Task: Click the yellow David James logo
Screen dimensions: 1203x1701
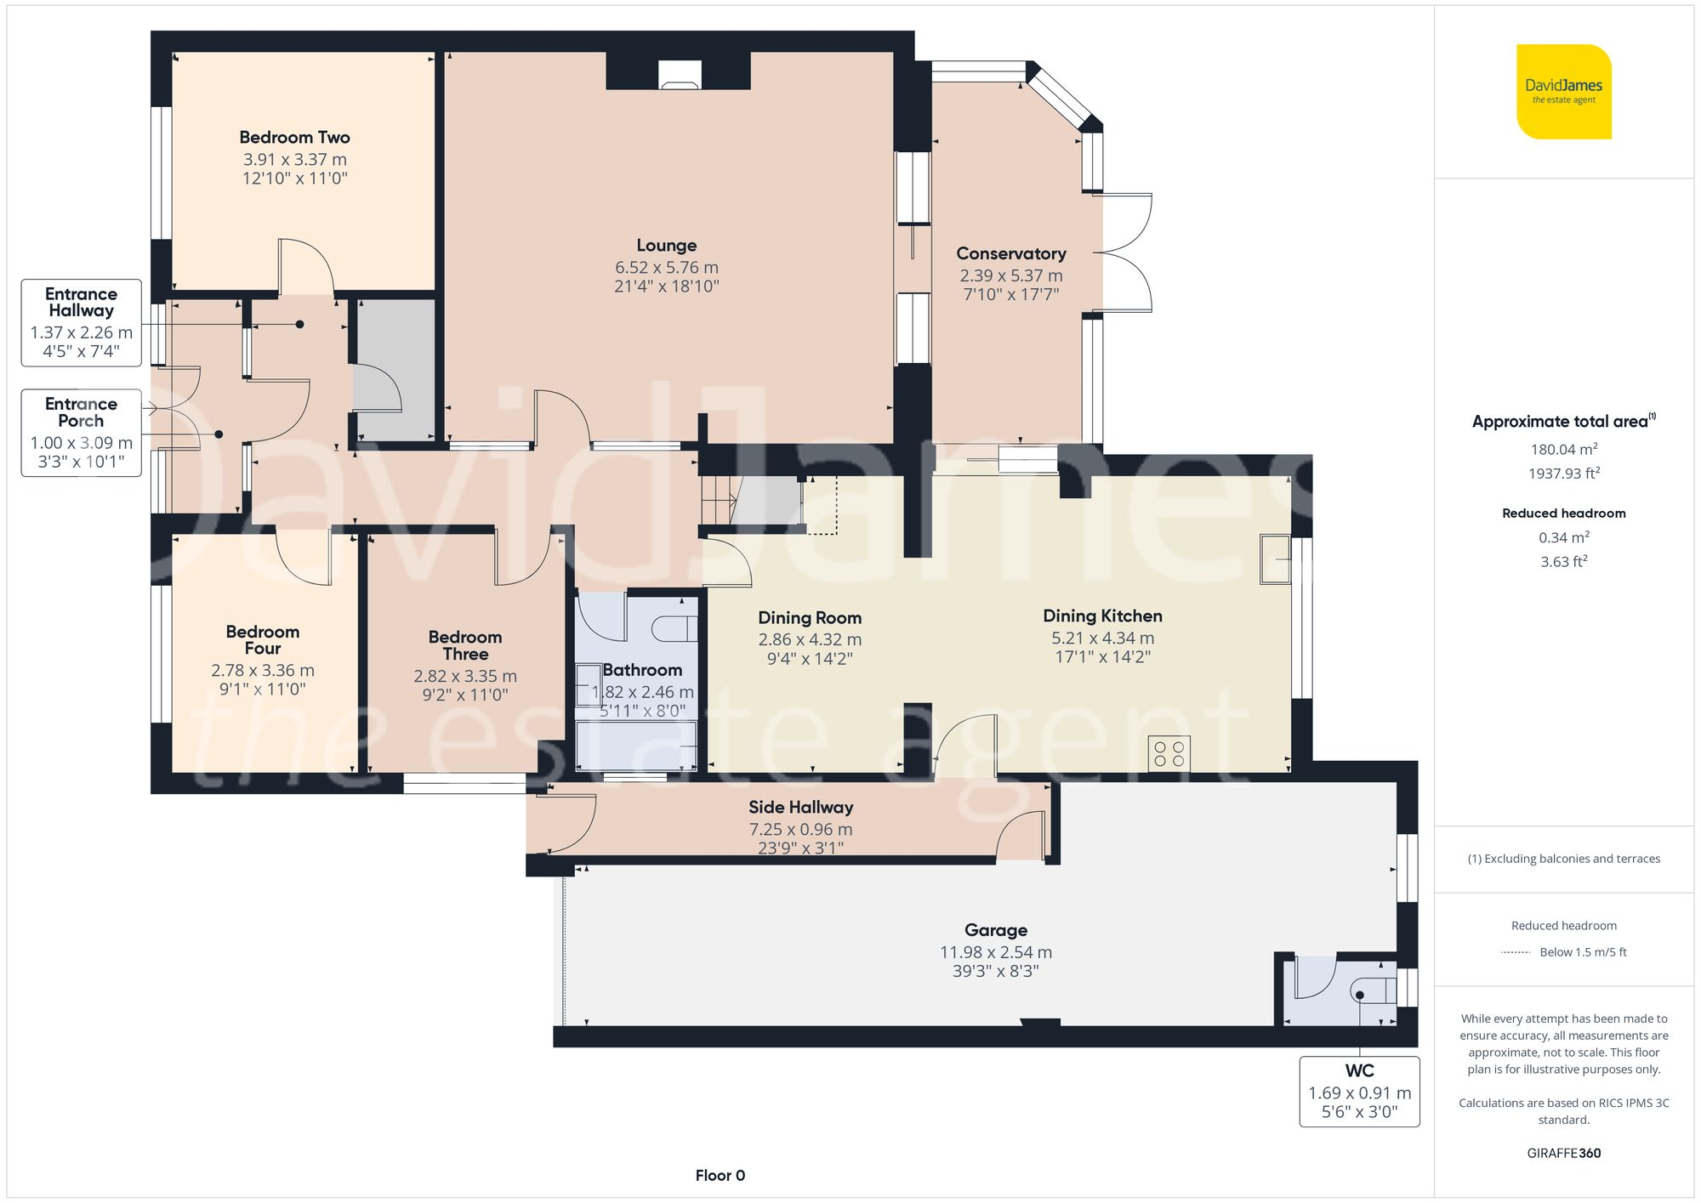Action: click(1563, 92)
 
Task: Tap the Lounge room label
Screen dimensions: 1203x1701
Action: click(666, 246)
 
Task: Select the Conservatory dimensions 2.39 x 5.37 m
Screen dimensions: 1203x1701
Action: click(1010, 275)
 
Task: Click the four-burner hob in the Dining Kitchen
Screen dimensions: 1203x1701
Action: click(1169, 753)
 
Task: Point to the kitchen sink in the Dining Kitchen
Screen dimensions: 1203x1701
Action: click(1274, 559)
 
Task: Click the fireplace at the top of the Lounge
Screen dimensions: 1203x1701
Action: click(680, 76)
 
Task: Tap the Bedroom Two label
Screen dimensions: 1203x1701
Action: click(294, 138)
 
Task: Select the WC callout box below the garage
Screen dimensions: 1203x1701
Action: click(1359, 1092)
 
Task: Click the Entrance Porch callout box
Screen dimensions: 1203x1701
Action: click(81, 433)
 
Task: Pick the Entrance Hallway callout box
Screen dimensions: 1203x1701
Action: click(81, 323)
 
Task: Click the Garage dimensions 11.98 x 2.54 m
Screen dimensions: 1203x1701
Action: click(995, 952)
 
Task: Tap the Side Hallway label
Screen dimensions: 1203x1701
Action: click(800, 808)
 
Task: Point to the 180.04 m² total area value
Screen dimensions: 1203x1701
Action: click(1563, 450)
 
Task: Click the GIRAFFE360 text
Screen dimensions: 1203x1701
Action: click(1563, 1153)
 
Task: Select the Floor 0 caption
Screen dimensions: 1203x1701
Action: click(720, 1176)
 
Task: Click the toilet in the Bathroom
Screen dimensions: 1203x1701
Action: click(674, 629)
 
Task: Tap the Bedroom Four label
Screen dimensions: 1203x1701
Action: click(262, 640)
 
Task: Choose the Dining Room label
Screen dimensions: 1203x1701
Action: click(809, 618)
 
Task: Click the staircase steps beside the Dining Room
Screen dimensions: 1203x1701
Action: click(717, 502)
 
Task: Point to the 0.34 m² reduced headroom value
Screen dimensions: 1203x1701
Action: click(1563, 537)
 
